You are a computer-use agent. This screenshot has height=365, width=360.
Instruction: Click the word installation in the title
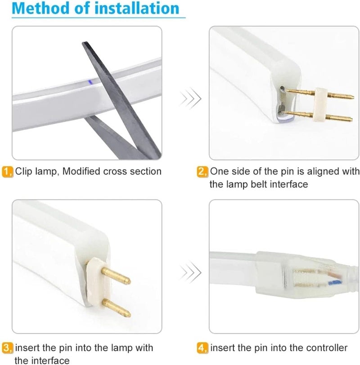tap(137, 8)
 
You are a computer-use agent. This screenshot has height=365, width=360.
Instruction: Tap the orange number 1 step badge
tap(8, 172)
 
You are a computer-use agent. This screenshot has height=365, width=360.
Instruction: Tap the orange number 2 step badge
tap(202, 172)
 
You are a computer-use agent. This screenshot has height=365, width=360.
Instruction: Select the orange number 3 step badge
tap(8, 348)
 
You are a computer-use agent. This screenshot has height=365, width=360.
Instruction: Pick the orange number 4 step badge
tap(202, 348)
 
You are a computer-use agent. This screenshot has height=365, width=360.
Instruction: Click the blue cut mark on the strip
tap(90, 82)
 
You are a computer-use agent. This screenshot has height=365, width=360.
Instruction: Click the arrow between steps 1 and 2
tap(190, 98)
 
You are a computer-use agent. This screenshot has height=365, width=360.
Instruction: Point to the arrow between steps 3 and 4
tap(190, 272)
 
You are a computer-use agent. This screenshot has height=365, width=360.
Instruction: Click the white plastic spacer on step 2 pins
tap(321, 105)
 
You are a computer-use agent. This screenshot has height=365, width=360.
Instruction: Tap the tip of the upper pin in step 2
tap(354, 97)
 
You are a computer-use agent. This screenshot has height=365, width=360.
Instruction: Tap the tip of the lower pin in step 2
tap(351, 120)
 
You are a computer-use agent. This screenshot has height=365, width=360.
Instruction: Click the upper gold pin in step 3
tap(116, 276)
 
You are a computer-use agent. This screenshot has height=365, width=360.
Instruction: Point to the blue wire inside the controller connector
tap(335, 283)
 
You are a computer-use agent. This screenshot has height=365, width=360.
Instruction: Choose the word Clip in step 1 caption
tap(24, 172)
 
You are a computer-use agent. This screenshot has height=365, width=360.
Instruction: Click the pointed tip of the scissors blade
tap(84, 43)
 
